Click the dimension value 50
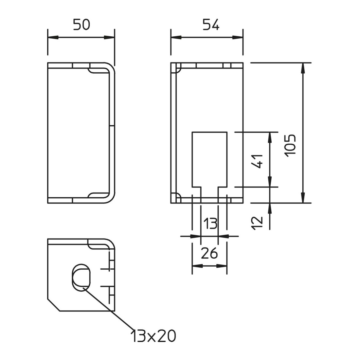click(x=81, y=25)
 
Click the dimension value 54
click(x=211, y=25)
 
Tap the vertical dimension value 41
click(x=257, y=161)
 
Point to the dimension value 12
click(x=257, y=223)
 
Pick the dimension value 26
click(x=209, y=253)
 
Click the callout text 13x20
click(x=153, y=336)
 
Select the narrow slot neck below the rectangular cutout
click(x=209, y=195)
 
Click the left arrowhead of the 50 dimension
click(x=53, y=37)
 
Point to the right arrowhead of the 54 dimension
click(x=238, y=37)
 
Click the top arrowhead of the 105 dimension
click(x=303, y=68)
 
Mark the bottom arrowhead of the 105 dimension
click(x=303, y=198)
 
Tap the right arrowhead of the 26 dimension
click(x=222, y=266)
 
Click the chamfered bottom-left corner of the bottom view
click(x=53, y=305)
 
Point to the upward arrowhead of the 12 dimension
click(x=270, y=208)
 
